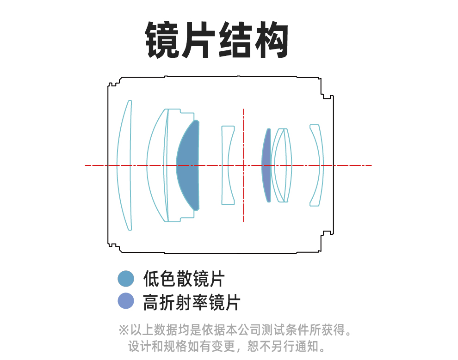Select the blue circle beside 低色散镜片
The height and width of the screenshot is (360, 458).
point(126,279)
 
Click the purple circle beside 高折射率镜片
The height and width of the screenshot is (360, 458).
point(126,301)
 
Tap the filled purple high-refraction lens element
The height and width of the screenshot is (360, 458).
point(266,165)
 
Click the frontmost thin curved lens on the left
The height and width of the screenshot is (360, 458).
point(124,165)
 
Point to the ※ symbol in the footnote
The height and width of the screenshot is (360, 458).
point(124,330)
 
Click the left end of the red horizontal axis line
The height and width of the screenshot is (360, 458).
point(87,165)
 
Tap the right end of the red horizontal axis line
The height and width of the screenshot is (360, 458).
point(370,165)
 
